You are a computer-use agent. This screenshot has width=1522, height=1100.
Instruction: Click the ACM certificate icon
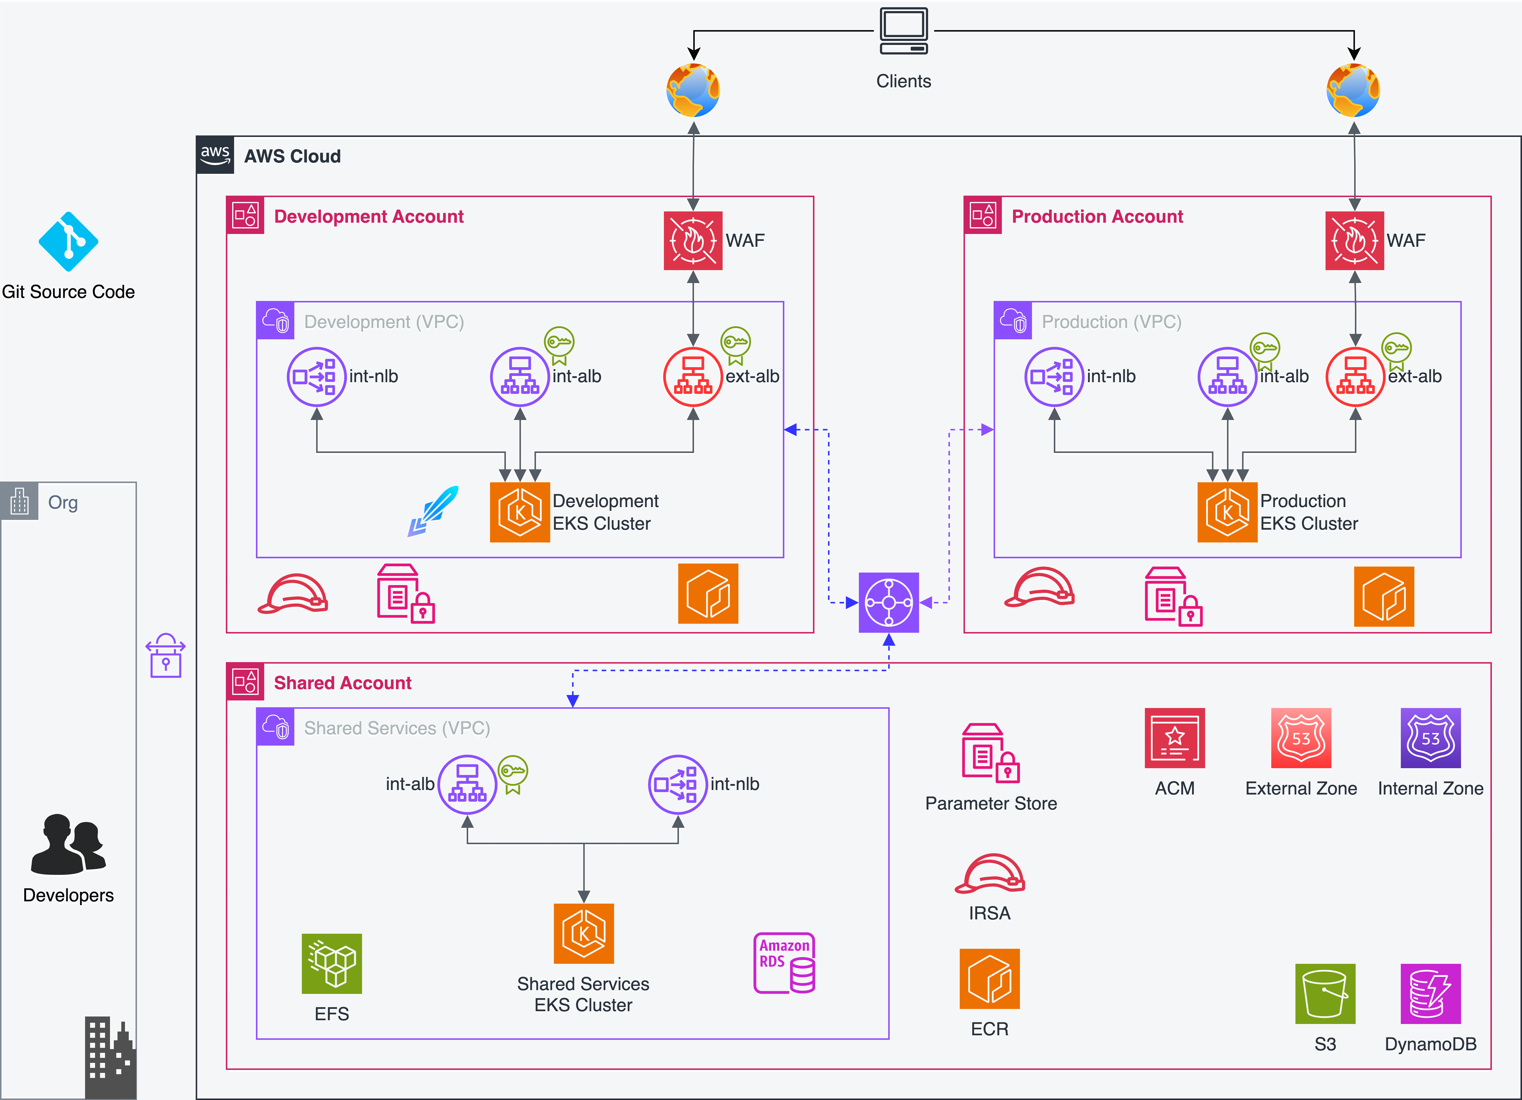(x=1174, y=738)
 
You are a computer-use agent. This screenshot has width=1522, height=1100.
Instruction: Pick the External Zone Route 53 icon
(x=1300, y=738)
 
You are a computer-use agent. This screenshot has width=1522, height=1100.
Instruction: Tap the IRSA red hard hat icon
(x=990, y=874)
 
